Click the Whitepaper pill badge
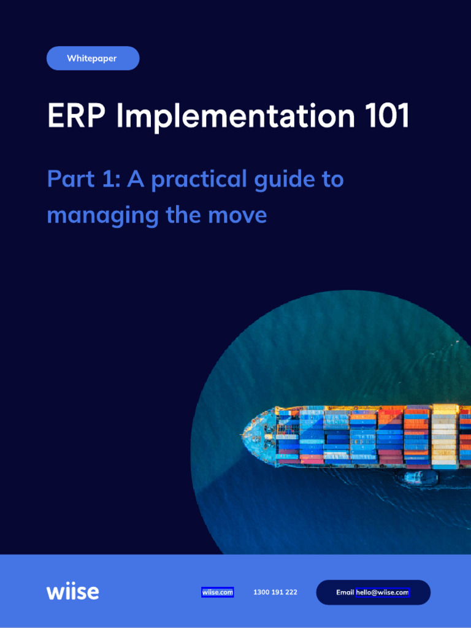(93, 58)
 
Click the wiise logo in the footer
(72, 592)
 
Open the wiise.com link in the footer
(218, 592)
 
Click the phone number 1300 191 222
(275, 592)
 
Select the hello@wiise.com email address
(383, 592)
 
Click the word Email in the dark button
(345, 592)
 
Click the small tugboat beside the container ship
(421, 478)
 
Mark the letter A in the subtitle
(135, 179)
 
